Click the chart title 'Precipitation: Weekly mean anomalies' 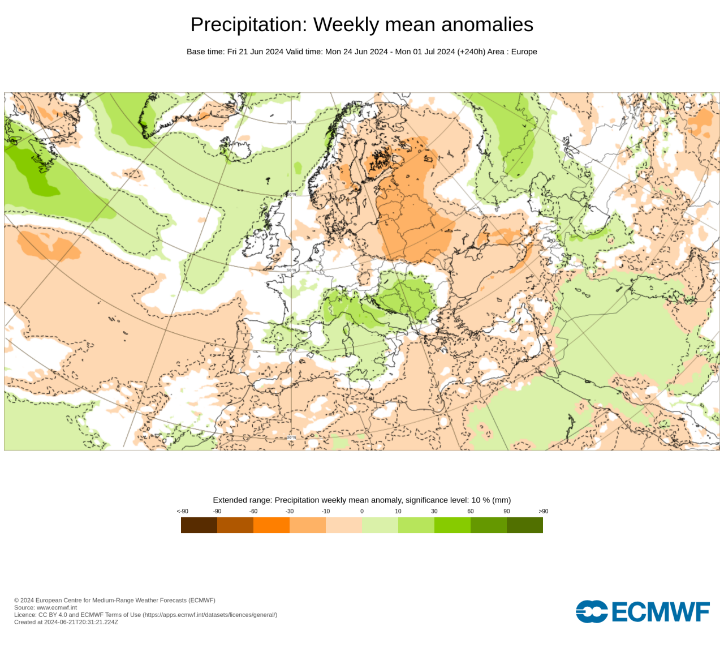pos(361,25)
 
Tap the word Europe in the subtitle pos(524,52)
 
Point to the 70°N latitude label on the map pos(291,122)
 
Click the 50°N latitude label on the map pos(291,270)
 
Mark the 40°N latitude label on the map pos(291,350)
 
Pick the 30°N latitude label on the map pos(291,437)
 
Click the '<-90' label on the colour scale pos(182,511)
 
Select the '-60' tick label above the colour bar pos(253,511)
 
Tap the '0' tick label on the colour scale pos(362,511)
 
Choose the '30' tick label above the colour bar pos(434,511)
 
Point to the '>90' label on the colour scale pos(543,511)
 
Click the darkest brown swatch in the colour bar pos(199,525)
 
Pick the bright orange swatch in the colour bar pos(271,525)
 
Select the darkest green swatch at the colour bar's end pos(525,525)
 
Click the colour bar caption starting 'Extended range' pos(361,500)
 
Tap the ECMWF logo pos(643,612)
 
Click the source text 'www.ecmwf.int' pos(57,607)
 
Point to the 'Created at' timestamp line pos(66,622)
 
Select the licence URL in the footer pos(209,615)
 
